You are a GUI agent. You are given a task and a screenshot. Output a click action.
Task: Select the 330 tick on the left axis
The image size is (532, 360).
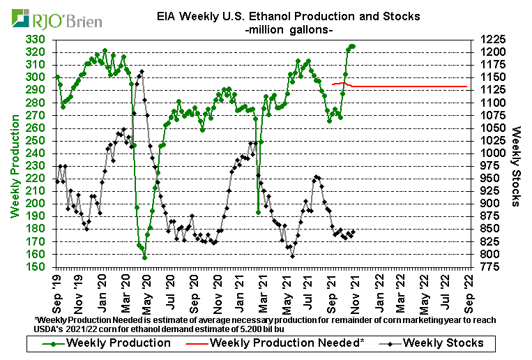40,39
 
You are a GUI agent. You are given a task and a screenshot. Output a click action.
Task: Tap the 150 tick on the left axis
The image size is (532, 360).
40,267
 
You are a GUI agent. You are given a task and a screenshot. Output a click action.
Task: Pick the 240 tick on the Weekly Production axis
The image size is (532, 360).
40,153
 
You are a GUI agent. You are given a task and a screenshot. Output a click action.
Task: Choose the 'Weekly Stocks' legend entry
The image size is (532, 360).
443,343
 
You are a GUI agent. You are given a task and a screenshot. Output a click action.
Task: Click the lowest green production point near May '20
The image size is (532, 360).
144,257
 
